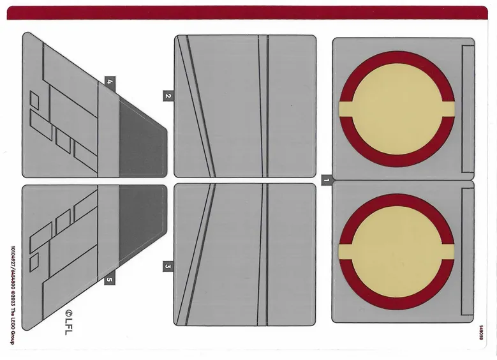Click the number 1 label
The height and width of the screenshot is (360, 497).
[x=326, y=181]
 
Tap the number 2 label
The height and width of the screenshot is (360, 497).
[x=168, y=96]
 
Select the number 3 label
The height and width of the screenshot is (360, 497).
[x=168, y=266]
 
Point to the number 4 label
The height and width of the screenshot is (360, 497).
[x=110, y=82]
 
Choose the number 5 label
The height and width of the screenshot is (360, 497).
[x=110, y=279]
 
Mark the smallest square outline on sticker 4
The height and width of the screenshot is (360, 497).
[x=34, y=100]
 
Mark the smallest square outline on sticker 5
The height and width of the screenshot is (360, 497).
[x=34, y=260]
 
